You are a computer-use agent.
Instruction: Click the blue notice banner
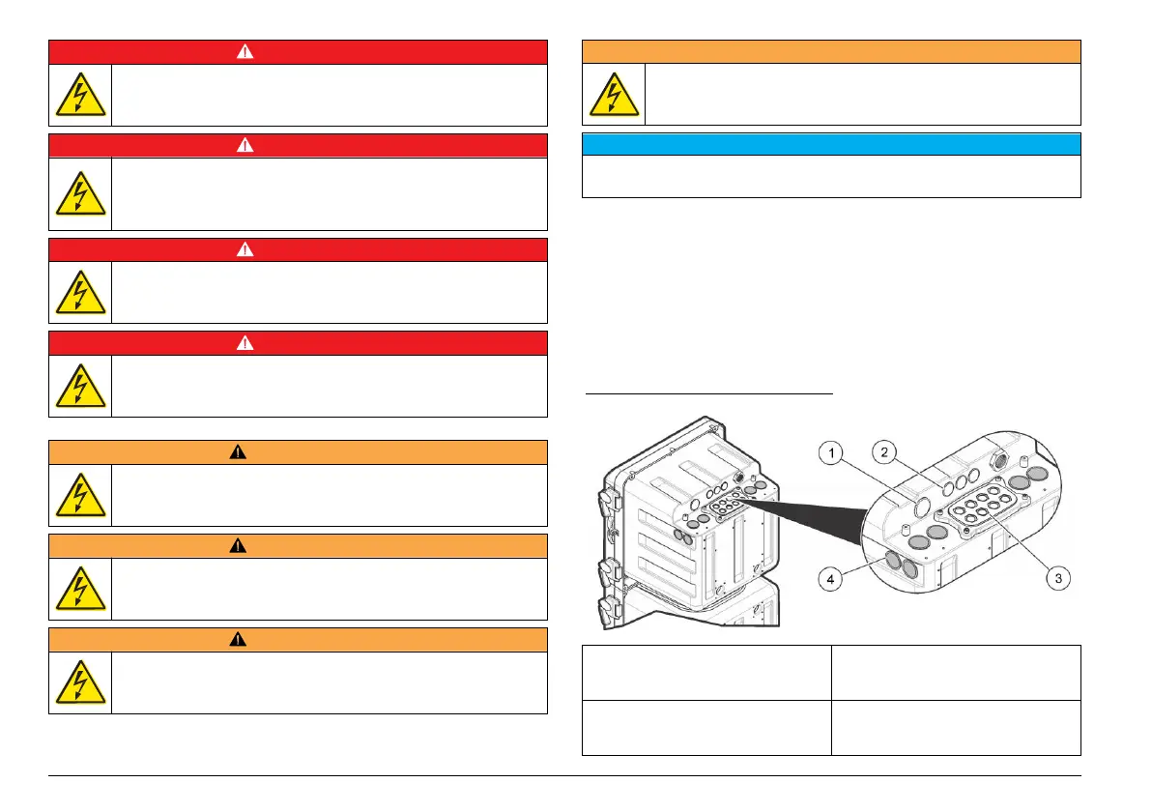(830, 144)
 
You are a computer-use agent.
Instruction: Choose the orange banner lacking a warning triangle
(830, 51)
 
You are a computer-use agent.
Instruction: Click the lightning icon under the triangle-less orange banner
(614, 93)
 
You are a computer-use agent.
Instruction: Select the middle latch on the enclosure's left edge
(610, 565)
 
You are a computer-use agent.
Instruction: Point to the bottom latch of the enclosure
(610, 608)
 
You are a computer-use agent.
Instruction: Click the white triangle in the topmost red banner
(298, 52)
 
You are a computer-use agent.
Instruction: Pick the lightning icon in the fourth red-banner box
(80, 385)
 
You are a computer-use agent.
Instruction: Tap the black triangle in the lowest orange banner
(298, 639)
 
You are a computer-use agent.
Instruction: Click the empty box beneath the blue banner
(830, 177)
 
